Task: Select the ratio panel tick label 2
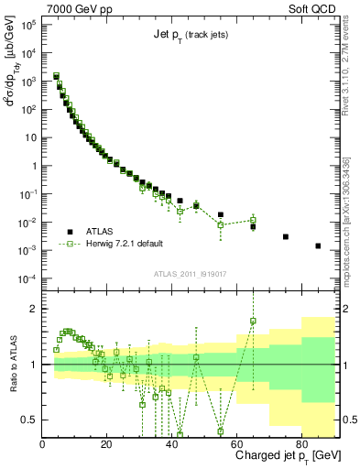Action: pyautogui.click(x=33, y=308)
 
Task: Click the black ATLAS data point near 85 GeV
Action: pyautogui.click(x=318, y=245)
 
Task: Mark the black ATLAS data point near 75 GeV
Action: pyautogui.click(x=286, y=236)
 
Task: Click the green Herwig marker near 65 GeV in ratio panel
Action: pyautogui.click(x=253, y=321)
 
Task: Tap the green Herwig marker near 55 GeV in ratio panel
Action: pyautogui.click(x=221, y=431)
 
